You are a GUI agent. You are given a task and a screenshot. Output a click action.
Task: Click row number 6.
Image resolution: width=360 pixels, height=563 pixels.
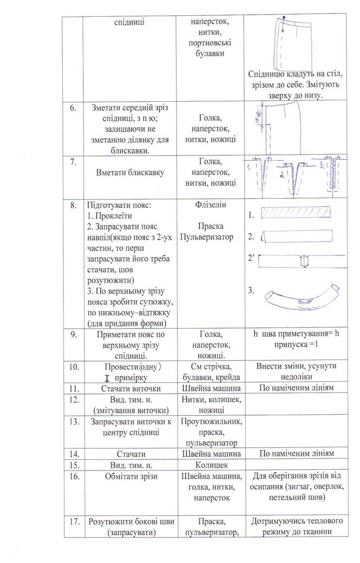pyautogui.click(x=72, y=109)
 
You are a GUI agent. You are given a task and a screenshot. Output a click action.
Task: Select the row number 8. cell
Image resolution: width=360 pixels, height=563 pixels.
pyautogui.click(x=72, y=206)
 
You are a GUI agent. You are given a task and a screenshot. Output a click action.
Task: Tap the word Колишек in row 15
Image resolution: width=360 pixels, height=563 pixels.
pyautogui.click(x=212, y=464)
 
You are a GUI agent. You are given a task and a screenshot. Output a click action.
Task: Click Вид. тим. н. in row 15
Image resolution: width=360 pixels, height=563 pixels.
pyautogui.click(x=129, y=464)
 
